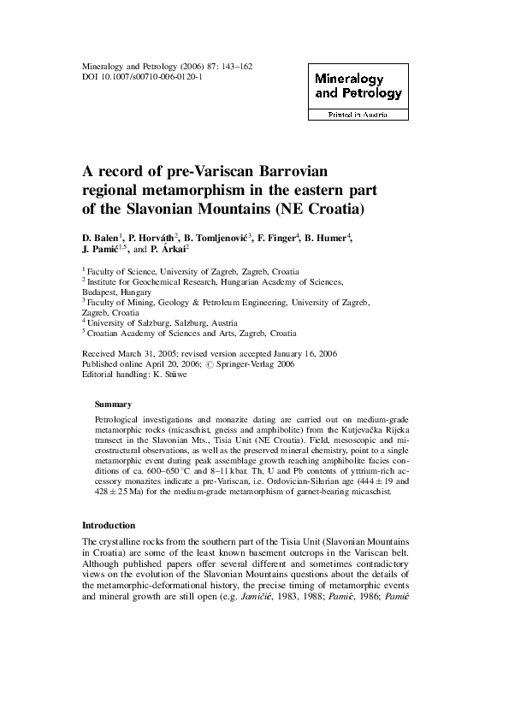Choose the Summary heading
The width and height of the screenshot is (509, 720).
(x=113, y=404)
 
